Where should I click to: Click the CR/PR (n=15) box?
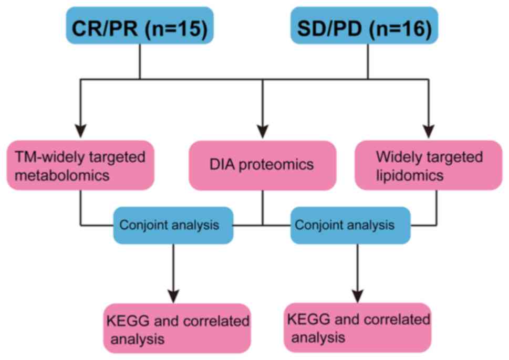pyautogui.click(x=140, y=25)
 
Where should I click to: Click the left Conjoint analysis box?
pyautogui.click(x=173, y=225)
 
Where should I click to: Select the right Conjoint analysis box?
pyautogui.click(x=350, y=225)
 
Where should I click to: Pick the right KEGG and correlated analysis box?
pyautogui.click(x=358, y=327)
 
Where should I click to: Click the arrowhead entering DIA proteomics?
pyautogui.click(x=262, y=128)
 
